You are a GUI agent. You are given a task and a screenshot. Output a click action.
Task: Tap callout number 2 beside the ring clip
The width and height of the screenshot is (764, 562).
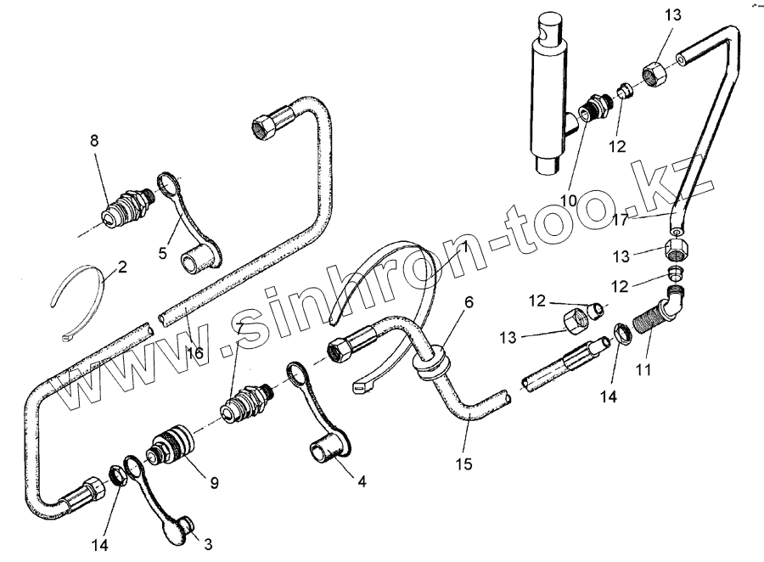point(122,267)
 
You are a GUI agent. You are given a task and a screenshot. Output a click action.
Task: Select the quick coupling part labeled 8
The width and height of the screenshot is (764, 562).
point(123,211)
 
